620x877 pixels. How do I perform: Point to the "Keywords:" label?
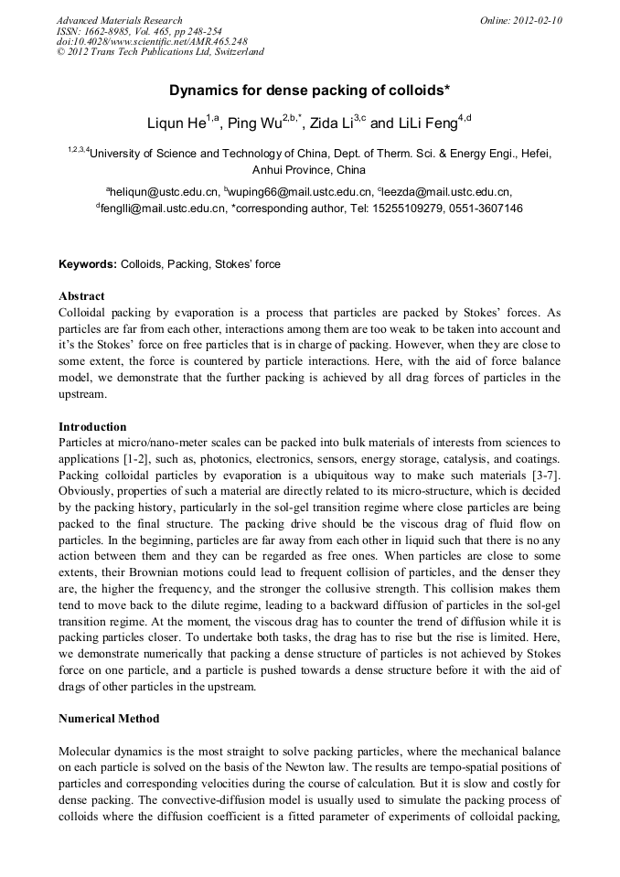pos(88,264)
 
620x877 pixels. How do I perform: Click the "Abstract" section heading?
pos(81,296)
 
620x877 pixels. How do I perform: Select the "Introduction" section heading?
pos(92,427)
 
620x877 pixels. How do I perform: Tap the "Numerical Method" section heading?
pos(109,719)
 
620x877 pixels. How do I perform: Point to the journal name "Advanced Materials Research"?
pos(119,20)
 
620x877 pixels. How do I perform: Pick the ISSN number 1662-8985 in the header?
pos(108,30)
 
